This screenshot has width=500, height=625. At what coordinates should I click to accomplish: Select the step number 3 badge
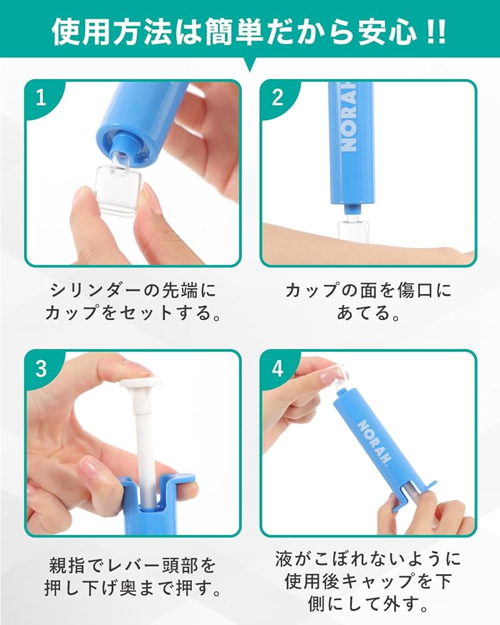pyautogui.click(x=41, y=368)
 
